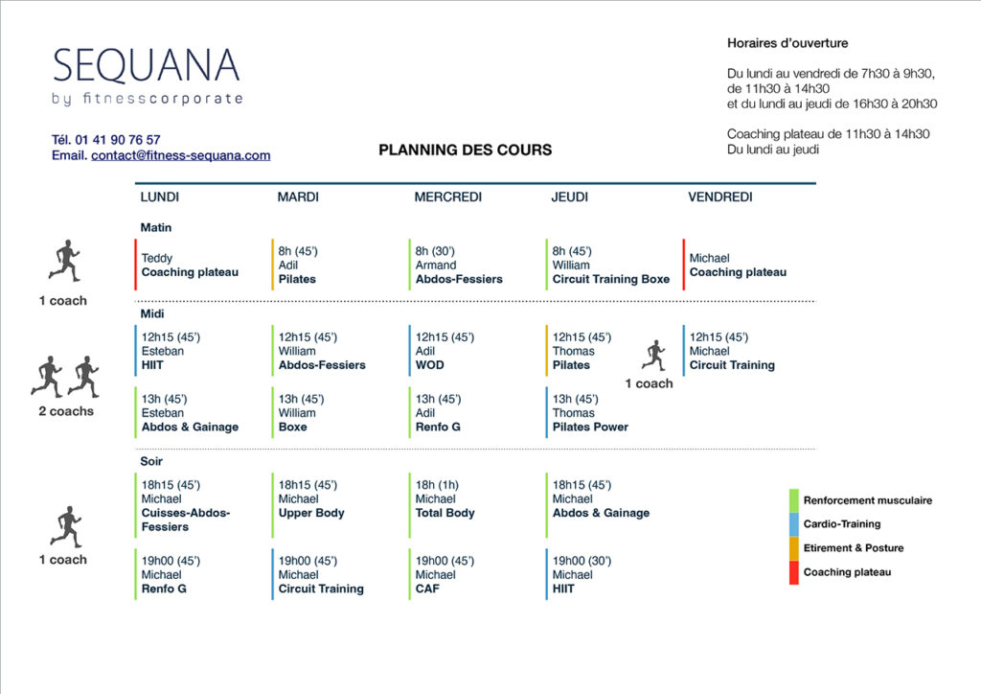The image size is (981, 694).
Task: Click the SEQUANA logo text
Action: pos(147,65)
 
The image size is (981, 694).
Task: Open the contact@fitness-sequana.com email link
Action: pos(181,155)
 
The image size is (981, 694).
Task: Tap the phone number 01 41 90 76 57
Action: pos(118,140)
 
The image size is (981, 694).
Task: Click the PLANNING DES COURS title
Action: pos(465,150)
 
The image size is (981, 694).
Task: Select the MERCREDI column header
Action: pos(448,197)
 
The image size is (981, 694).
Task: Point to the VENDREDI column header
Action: pos(720,197)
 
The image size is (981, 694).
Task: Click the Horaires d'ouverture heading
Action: pos(787,43)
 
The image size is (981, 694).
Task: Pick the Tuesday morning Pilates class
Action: pos(297,279)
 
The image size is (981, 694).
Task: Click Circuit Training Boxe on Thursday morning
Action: pos(610,279)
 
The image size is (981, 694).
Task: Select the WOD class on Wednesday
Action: pos(430,365)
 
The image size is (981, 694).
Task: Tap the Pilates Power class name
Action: pos(590,427)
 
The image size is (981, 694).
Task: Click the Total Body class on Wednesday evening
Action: pos(445,513)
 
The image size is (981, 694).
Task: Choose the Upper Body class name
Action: pos(311,513)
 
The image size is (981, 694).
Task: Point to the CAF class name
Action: pos(427,589)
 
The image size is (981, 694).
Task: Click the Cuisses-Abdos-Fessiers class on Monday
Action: pos(185,520)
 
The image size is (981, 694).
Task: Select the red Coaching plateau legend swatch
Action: pos(794,572)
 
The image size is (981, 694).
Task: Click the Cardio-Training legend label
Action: pos(841,523)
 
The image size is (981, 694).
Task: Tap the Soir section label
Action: pos(151,461)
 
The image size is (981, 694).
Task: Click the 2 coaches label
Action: pos(66,411)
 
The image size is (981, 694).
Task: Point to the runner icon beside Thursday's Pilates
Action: pos(653,356)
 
